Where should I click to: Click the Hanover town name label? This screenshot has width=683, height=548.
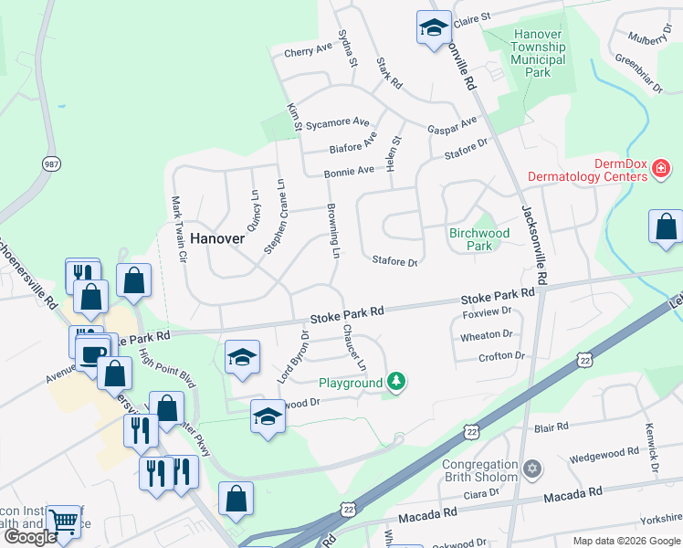(218, 237)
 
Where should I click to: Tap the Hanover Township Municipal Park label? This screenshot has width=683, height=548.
(539, 53)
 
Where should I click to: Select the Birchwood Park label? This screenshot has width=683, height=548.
(478, 239)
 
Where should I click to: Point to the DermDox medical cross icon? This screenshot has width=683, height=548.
(659, 171)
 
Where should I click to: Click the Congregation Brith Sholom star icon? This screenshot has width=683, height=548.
(532, 471)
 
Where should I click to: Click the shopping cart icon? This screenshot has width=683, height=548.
(63, 522)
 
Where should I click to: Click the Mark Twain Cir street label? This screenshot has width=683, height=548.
(180, 228)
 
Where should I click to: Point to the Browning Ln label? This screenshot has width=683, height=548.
(335, 229)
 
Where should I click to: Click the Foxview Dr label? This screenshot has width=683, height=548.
(487, 311)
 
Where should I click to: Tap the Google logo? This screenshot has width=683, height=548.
(30, 536)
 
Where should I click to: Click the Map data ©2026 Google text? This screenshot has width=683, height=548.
(626, 540)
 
